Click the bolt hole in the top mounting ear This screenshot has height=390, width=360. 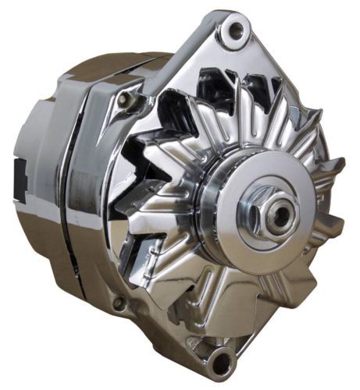(232, 31)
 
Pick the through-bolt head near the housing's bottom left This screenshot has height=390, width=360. (119, 303)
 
